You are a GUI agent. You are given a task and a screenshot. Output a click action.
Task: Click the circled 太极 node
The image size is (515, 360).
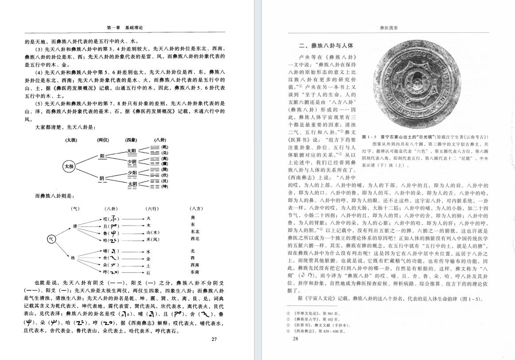69,166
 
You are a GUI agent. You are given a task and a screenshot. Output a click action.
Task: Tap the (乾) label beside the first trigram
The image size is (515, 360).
165,146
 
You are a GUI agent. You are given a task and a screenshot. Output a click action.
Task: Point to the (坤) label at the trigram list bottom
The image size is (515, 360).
165,186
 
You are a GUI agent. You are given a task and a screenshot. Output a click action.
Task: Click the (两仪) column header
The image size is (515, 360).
103,140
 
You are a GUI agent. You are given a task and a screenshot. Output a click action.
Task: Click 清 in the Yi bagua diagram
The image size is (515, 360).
75,226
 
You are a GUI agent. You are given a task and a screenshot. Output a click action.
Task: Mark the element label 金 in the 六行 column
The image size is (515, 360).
148,258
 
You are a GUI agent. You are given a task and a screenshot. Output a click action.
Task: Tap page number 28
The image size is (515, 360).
296,339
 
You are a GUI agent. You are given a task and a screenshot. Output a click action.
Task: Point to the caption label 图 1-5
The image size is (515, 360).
369,137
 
